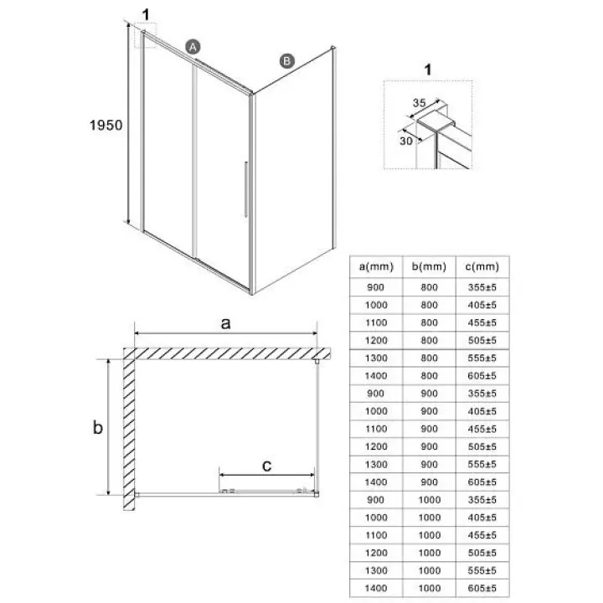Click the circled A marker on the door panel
point(193,47)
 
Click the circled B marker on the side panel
point(287,61)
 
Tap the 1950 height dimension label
point(106,125)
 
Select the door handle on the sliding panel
point(245,189)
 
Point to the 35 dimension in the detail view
point(420,103)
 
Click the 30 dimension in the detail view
point(405,142)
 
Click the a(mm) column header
point(376,266)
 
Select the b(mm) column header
point(429,266)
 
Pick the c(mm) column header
point(482,266)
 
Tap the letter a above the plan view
point(226,323)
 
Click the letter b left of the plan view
point(98,427)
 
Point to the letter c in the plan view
point(266,466)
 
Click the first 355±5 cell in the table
point(482,287)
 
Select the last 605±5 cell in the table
point(482,588)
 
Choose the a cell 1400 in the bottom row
point(376,588)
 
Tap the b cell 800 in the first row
point(429,287)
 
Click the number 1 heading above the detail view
point(428,70)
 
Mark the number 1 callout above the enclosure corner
point(146,15)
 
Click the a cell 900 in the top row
point(375,287)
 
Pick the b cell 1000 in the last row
point(429,588)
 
